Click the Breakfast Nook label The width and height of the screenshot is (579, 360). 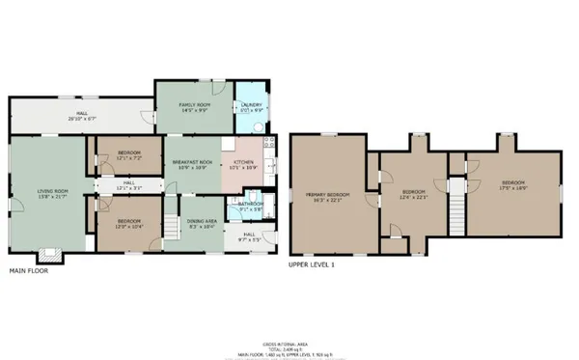[x=193, y=161]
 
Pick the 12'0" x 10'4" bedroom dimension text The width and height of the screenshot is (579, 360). [x=129, y=228]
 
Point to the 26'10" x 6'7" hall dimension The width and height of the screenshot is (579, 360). [x=83, y=120]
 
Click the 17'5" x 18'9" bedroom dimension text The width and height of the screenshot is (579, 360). [x=513, y=188]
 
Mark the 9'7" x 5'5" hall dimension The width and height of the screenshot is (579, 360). [x=249, y=237]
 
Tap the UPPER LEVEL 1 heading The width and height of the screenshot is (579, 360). [x=310, y=263]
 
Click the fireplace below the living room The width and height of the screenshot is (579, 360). [x=48, y=257]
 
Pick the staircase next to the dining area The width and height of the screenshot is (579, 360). [x=170, y=228]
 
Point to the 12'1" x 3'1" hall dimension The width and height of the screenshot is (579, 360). [x=129, y=188]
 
